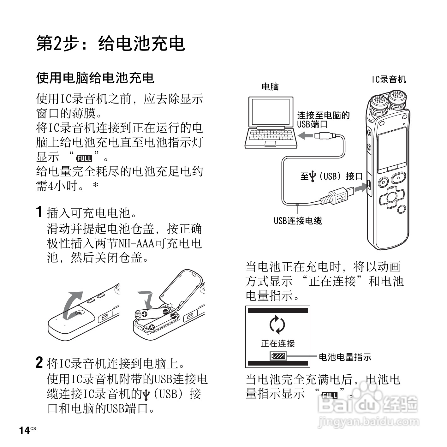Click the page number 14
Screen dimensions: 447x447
(25, 430)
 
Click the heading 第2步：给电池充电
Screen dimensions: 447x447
(110, 44)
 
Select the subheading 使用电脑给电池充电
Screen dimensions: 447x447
(95, 78)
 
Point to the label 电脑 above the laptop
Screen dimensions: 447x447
(270, 86)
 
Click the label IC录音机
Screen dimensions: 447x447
(389, 79)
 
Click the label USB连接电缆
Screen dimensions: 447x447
(298, 221)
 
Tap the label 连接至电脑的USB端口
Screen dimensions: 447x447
(323, 120)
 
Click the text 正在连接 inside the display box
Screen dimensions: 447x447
(278, 343)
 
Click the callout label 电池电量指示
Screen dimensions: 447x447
(345, 357)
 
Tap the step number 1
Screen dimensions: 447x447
(39, 212)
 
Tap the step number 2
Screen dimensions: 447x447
(39, 362)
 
